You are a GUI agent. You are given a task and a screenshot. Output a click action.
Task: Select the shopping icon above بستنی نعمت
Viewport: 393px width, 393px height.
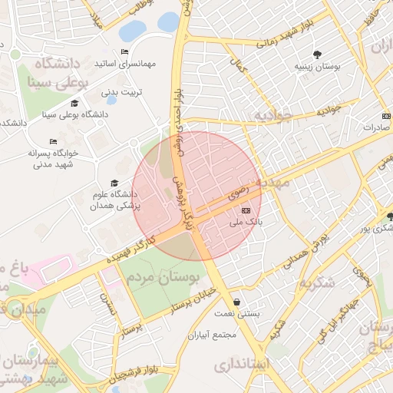[x=236, y=302]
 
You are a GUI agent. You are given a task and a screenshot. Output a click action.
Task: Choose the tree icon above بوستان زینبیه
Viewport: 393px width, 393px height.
[x=317, y=54]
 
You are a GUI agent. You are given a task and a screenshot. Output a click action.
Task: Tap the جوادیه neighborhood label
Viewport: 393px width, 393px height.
[x=275, y=116]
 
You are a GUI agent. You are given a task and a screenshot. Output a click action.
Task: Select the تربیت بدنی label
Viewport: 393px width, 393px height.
[x=121, y=93]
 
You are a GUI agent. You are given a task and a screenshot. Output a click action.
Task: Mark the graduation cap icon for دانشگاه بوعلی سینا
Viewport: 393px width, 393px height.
[x=74, y=103]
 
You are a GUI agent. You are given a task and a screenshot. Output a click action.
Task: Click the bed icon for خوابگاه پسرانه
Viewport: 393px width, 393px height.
[x=53, y=141]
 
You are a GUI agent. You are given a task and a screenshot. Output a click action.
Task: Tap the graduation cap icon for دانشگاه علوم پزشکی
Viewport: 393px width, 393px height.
[x=114, y=183]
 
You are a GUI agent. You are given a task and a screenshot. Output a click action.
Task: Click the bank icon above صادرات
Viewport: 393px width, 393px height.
[x=386, y=116]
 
